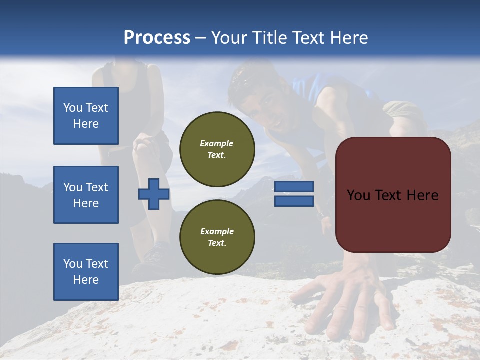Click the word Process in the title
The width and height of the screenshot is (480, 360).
pos(157,38)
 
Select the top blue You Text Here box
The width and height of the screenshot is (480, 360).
pos(86,116)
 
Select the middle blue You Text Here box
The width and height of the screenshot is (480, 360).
pos(86,195)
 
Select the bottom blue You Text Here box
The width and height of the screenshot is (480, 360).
pos(86,271)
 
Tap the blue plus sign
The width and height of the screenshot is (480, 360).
pos(154,194)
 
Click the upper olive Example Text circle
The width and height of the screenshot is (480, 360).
pos(217,149)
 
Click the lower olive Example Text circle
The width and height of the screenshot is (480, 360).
pos(217,237)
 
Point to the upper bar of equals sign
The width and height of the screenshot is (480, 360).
pos(294,187)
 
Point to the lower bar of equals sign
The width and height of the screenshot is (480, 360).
pos(294,201)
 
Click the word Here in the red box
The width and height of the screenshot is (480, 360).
pos(422,195)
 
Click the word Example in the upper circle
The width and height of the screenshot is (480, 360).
pos(217,143)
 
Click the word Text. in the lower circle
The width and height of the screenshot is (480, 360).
pos(217,243)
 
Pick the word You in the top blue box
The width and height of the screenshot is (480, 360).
pos(73,108)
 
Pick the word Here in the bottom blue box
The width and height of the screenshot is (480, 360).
pos(86,280)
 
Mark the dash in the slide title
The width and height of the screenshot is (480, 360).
pos(201,38)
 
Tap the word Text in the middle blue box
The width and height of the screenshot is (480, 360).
pos(96,187)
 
